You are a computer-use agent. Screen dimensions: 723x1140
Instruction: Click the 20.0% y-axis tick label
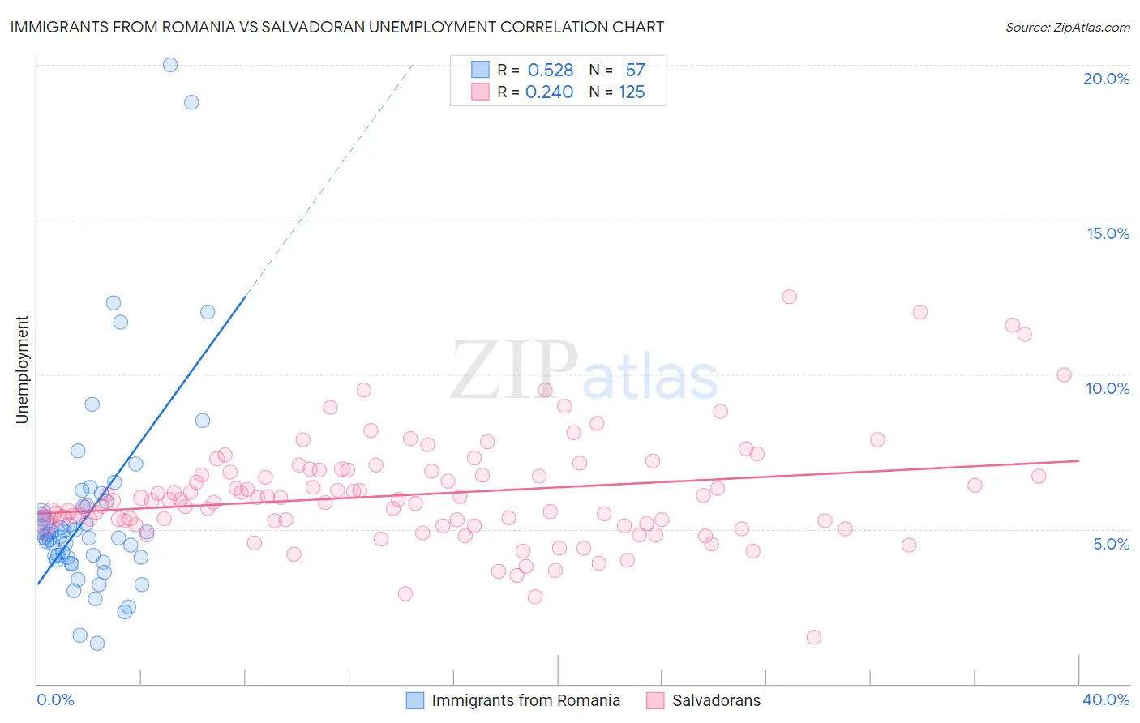click(x=1106, y=79)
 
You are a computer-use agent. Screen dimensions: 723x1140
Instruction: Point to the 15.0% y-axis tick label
click(x=1108, y=233)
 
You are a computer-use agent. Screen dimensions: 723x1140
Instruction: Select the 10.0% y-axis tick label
click(x=1108, y=388)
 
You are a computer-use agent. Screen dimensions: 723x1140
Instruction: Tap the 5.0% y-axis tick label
click(x=1111, y=544)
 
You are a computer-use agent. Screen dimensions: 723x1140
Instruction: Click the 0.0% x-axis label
click(x=55, y=699)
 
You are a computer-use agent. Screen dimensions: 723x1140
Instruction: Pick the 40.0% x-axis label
click(x=1106, y=699)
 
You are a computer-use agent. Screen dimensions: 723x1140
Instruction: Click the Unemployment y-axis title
click(x=22, y=370)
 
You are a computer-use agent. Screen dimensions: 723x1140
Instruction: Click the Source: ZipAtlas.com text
click(x=1067, y=27)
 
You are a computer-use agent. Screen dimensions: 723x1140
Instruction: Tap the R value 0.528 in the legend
click(x=551, y=71)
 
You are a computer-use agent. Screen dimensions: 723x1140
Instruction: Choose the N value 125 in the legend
click(x=632, y=92)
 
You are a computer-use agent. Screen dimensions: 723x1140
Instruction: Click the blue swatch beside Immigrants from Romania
click(x=415, y=700)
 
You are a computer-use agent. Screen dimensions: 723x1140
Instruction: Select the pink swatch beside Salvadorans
click(x=655, y=700)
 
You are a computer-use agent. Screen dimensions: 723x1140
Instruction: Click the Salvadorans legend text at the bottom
click(x=716, y=700)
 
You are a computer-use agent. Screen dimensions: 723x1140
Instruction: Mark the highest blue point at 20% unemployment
click(x=170, y=65)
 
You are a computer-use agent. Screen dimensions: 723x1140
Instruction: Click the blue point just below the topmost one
click(x=191, y=102)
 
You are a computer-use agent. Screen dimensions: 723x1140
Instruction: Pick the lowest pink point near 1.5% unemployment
click(x=814, y=637)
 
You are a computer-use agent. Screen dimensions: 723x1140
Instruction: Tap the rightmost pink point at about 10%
click(x=1065, y=374)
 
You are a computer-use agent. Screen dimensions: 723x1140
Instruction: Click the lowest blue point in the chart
click(x=97, y=644)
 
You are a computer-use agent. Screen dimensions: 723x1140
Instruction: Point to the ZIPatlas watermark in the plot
click(x=584, y=370)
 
